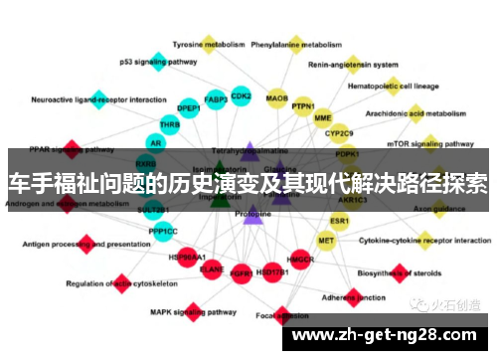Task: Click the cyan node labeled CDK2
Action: pyautogui.click(x=241, y=96)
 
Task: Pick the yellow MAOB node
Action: pyautogui.click(x=277, y=98)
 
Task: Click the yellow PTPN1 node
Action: pyautogui.click(x=303, y=106)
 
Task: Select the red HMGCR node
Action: pyautogui.click(x=301, y=261)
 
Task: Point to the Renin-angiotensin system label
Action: pyautogui.click(x=371, y=65)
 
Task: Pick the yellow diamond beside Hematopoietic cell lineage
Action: pyautogui.click(x=393, y=86)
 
